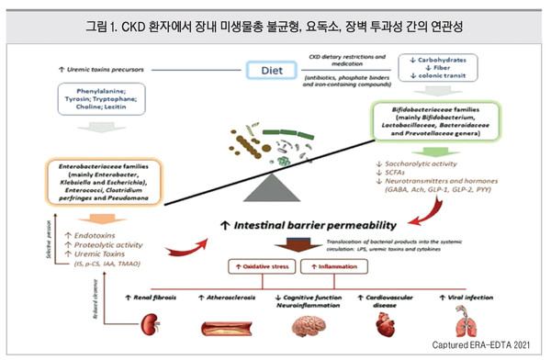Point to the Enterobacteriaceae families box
pos(106,185)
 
